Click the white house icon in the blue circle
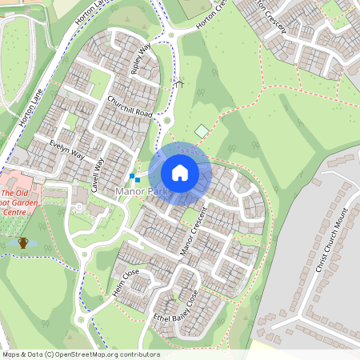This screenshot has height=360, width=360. (180, 172)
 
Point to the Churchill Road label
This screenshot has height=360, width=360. (130, 106)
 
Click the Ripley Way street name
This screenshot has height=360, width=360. (141, 59)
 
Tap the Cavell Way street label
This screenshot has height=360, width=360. (97, 173)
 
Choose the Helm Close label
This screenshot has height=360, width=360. (126, 285)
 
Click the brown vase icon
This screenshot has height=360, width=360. (24, 242)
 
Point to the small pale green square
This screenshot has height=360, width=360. (202, 131)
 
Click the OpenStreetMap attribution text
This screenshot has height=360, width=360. (80, 354)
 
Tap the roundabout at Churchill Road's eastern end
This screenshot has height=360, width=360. (169, 121)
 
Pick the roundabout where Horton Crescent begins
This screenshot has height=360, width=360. (171, 35)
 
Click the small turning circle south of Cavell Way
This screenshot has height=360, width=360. (79, 207)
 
